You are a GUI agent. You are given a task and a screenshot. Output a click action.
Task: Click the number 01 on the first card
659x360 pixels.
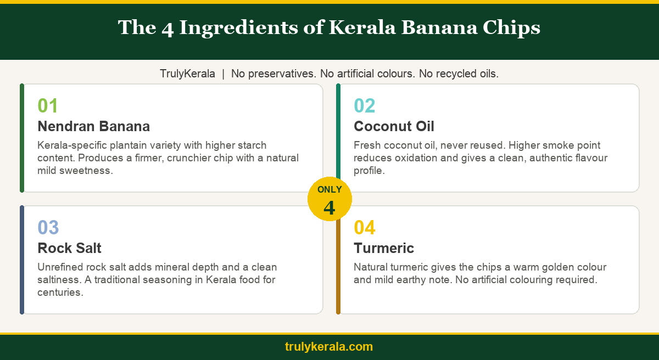pyautogui.click(x=48, y=105)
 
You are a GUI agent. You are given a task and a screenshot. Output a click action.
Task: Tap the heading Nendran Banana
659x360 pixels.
pyautogui.click(x=93, y=126)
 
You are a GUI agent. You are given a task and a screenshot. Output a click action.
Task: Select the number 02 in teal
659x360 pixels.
pyautogui.click(x=365, y=105)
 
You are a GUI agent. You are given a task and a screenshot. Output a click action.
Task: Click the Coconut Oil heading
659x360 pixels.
pyautogui.click(x=394, y=126)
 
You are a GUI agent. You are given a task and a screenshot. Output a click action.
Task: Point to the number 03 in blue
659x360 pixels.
pyautogui.click(x=48, y=227)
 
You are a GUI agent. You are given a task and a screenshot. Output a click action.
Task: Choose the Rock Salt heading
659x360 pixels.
pyautogui.click(x=69, y=248)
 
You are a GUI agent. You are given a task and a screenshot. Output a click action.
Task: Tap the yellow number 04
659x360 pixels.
pyautogui.click(x=365, y=227)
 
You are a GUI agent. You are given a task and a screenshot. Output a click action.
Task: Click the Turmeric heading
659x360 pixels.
pyautogui.click(x=384, y=248)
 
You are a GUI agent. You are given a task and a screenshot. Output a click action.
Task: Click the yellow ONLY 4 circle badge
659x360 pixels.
pyautogui.click(x=329, y=199)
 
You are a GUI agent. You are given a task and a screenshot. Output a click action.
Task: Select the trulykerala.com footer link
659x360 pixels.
pyautogui.click(x=329, y=347)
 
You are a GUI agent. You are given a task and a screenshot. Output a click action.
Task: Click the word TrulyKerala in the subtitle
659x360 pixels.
pyautogui.click(x=187, y=74)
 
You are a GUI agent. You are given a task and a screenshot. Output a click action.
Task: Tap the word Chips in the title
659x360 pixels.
pyautogui.click(x=511, y=27)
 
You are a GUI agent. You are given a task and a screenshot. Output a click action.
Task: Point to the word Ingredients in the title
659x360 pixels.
pyautogui.click(x=238, y=27)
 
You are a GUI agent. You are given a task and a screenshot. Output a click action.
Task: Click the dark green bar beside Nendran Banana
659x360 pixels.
pyautogui.click(x=22, y=138)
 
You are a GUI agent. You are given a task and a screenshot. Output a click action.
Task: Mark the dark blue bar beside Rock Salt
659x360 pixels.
pyautogui.click(x=22, y=260)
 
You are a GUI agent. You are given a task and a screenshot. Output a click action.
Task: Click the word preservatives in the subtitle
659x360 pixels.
pyautogui.click(x=282, y=74)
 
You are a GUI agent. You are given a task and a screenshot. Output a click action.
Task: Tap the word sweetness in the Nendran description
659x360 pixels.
pyautogui.click(x=86, y=171)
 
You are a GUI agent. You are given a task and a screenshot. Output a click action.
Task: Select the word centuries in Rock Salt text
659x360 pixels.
pyautogui.click(x=60, y=292)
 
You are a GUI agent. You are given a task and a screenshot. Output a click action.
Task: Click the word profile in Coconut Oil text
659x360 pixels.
pyautogui.click(x=369, y=171)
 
